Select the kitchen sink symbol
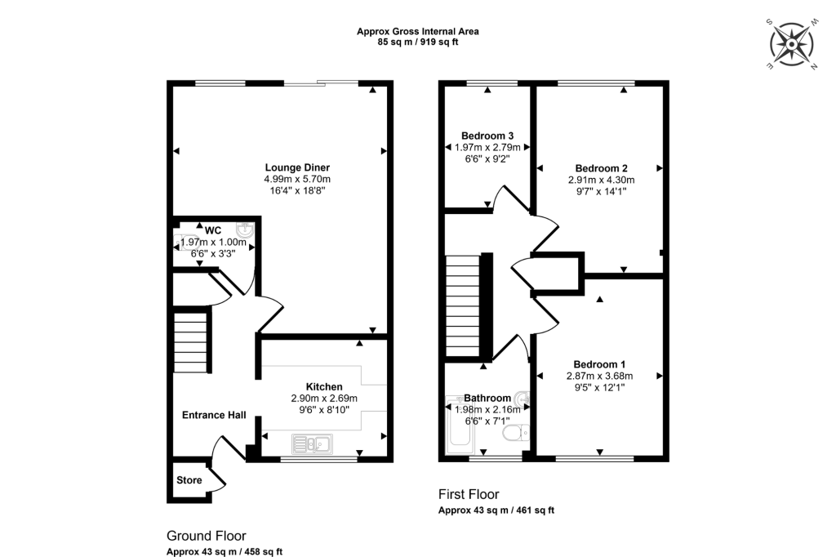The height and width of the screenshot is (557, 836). pyautogui.click(x=311, y=443)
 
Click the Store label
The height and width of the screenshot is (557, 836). pyautogui.click(x=189, y=480)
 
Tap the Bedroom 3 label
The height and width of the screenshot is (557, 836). pyautogui.click(x=487, y=136)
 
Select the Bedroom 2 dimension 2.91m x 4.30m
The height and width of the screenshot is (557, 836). pyautogui.click(x=602, y=180)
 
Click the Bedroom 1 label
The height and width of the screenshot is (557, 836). pyautogui.click(x=600, y=364)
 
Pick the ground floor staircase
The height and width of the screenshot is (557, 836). pyautogui.click(x=190, y=341)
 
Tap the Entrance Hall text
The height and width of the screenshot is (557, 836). pyautogui.click(x=214, y=415)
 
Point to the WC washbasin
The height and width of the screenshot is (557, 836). pyautogui.click(x=244, y=231)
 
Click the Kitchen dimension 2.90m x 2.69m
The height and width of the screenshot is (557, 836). pyautogui.click(x=324, y=398)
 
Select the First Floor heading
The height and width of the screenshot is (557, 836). pyautogui.click(x=469, y=494)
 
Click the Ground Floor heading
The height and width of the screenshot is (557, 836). pyautogui.click(x=206, y=536)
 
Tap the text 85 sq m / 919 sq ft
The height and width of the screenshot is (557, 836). pyautogui.click(x=417, y=42)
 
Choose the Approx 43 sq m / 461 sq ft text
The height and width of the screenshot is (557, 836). pyautogui.click(x=496, y=510)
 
